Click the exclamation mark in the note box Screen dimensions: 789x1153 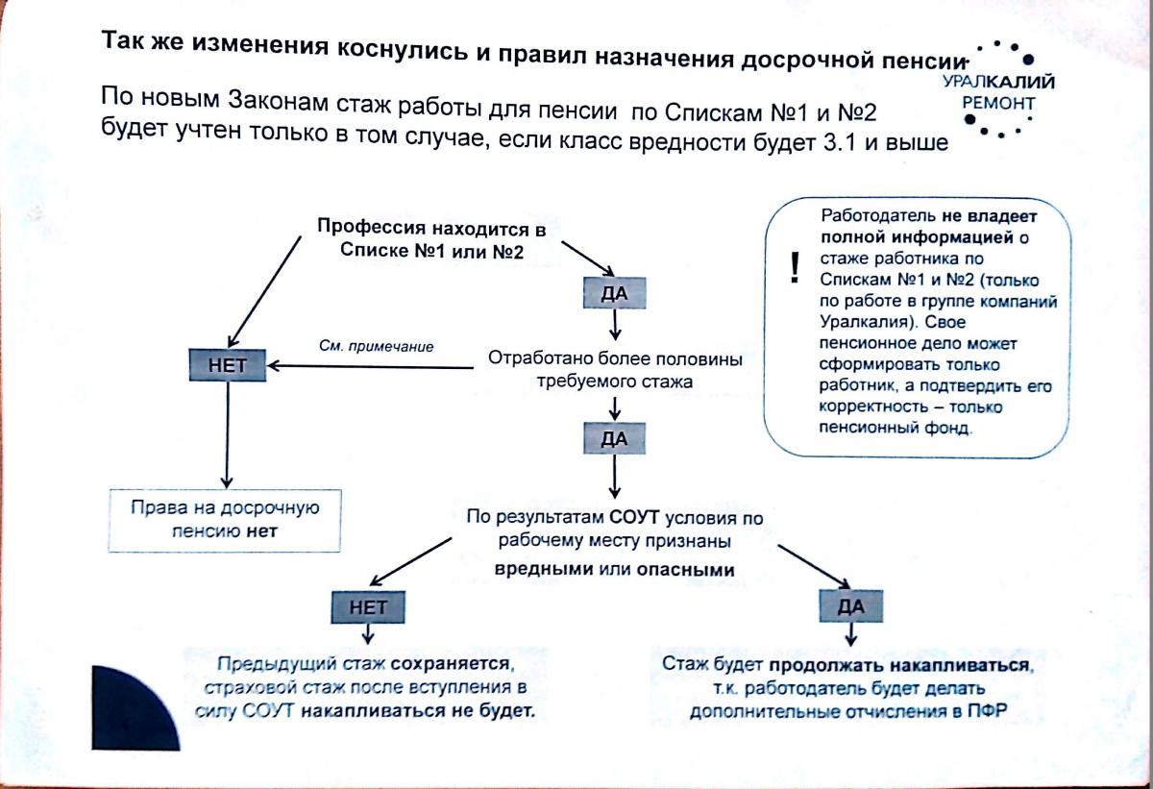click(794, 269)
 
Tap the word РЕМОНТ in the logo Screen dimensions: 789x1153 click(998, 103)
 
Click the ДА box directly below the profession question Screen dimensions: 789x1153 click(614, 292)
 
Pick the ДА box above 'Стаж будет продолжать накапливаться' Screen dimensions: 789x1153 click(850, 606)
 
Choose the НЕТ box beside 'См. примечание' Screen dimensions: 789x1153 click(228, 365)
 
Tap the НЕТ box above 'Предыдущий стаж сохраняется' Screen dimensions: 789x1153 click(367, 606)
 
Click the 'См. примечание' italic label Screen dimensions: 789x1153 click(376, 346)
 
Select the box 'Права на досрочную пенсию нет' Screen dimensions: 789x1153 click(226, 519)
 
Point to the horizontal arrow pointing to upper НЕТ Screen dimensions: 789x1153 click(375, 365)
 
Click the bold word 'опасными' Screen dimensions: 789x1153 click(685, 569)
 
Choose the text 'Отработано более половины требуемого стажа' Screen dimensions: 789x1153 click(615, 370)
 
